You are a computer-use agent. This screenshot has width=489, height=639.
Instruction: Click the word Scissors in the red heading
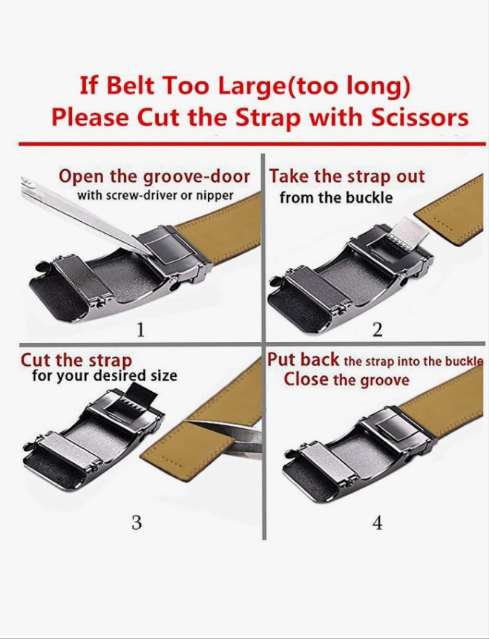point(420,117)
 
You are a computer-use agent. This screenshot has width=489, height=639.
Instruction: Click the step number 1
point(140,330)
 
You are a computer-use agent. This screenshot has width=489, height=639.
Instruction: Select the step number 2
point(378,330)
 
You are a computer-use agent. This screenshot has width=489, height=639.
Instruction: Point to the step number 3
point(137,522)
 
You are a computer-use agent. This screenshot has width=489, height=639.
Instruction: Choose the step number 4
point(378,522)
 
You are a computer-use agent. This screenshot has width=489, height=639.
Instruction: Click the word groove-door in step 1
point(197,177)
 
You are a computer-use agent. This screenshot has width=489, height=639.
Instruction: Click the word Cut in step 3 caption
point(36,360)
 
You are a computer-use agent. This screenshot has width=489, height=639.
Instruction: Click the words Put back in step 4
point(303,360)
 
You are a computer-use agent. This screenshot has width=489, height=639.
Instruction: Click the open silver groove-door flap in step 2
point(407,235)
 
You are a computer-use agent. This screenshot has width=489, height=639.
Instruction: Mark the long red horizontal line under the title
point(252,144)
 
